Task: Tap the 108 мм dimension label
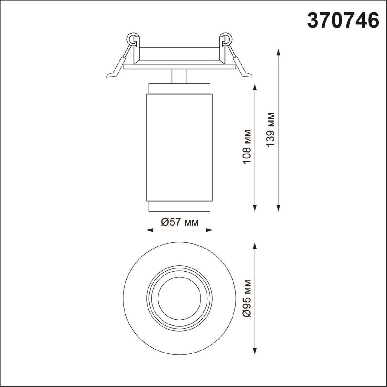tap(247, 147)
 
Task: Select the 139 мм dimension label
tap(271, 129)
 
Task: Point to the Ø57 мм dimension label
tap(180, 223)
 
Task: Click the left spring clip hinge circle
tap(132, 39)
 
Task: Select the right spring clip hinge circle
tap(226, 39)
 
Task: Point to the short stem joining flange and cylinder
tap(179, 76)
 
